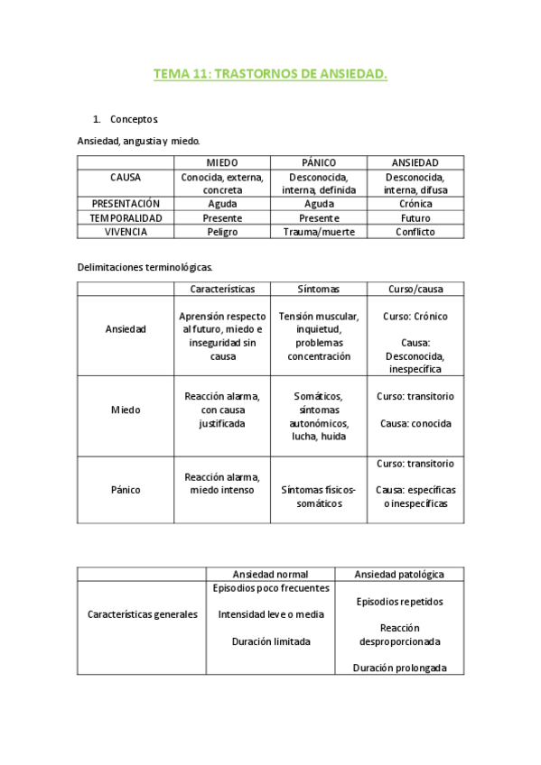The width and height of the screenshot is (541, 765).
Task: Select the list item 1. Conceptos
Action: point(134,119)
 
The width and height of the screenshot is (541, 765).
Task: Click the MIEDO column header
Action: point(222,162)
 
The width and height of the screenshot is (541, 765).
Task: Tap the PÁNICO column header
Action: point(319,162)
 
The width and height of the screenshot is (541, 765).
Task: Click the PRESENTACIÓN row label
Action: point(126,204)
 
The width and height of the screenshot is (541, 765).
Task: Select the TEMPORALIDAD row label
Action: point(126,217)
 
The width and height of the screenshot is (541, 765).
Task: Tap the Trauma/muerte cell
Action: point(319,232)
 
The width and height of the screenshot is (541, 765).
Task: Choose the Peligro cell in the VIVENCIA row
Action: point(222,232)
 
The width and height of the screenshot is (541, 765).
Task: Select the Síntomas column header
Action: point(319,289)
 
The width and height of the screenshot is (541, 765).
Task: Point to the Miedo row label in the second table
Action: point(126,410)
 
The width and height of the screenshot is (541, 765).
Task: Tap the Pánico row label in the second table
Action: point(126,490)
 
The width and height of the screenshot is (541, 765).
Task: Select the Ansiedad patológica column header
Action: point(398,574)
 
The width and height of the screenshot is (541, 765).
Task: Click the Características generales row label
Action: point(142,614)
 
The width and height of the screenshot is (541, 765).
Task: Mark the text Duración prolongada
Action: point(398,668)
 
